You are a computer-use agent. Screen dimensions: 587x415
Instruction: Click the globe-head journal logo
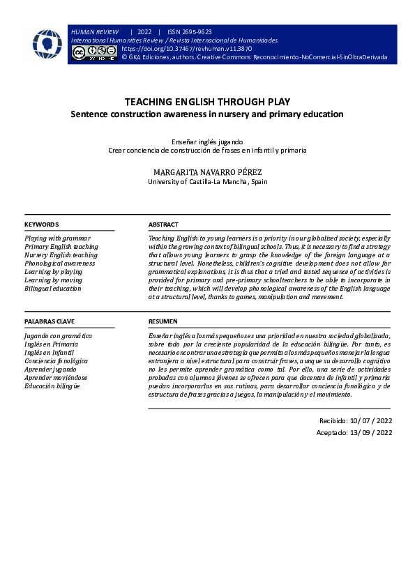[47, 44]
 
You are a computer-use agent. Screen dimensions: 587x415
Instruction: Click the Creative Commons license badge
[94, 53]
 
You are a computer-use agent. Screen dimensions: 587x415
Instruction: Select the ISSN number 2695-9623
[196, 32]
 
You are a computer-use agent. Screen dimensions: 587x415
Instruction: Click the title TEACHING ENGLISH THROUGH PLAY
[207, 102]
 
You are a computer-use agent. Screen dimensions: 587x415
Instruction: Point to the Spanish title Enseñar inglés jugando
[207, 141]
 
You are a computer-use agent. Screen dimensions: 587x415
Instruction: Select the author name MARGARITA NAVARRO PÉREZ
[207, 171]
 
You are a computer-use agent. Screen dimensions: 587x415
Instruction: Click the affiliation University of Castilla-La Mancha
[207, 182]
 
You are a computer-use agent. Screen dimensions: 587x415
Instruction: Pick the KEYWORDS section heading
[42, 224]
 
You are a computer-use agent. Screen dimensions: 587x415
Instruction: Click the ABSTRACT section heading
[163, 224]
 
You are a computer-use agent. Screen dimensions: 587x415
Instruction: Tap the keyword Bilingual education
[52, 289]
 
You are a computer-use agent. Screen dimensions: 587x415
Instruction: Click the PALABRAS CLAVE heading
[50, 321]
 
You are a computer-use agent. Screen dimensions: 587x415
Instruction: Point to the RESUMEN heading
[163, 321]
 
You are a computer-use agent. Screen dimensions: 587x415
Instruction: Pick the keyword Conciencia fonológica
[56, 361]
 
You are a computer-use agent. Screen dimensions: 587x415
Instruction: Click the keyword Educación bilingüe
[52, 386]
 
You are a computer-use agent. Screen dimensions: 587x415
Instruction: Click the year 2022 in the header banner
[144, 32]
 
